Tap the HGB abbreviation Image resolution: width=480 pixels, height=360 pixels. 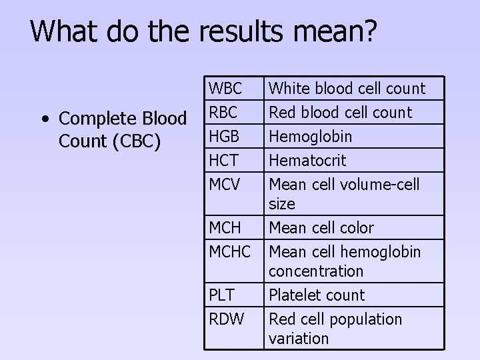tap(223, 136)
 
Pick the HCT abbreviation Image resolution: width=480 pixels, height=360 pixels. tap(223, 160)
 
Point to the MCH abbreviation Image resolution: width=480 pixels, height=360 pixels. tap(225, 227)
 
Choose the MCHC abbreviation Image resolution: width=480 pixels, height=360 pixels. tap(230, 251)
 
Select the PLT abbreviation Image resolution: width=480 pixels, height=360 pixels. tap(221, 295)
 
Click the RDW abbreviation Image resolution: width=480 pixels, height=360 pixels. tap(225, 319)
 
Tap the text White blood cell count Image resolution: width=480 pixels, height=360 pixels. tap(347, 88)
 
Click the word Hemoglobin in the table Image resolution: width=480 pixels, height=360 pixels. tap(310, 137)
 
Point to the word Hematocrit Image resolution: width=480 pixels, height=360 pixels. tap(307, 160)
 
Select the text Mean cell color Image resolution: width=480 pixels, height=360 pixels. tap(321, 227)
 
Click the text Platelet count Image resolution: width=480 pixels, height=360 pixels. tap(317, 295)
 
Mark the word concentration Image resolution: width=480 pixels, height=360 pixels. tap(316, 271)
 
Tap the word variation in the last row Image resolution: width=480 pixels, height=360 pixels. tap(299, 339)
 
